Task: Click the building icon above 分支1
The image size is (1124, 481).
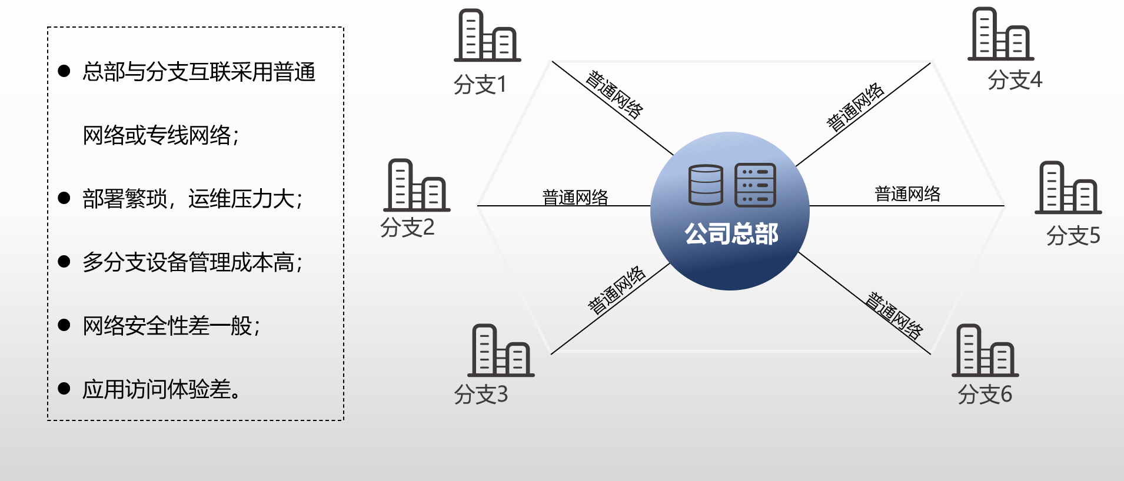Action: tap(487, 36)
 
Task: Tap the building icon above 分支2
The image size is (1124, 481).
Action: tap(417, 185)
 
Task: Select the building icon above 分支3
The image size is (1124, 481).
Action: tap(501, 350)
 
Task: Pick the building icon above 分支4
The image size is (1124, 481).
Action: tap(1000, 34)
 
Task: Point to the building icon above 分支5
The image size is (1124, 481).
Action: tap(1068, 188)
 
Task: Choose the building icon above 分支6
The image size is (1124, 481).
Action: tap(985, 350)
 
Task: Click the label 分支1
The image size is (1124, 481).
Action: tap(480, 85)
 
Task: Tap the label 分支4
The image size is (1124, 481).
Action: tap(1015, 79)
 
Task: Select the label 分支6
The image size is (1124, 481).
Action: tap(985, 394)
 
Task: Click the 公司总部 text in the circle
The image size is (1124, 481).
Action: tap(731, 233)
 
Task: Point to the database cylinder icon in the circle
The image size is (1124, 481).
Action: tap(706, 185)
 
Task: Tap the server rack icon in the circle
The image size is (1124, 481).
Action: tap(755, 185)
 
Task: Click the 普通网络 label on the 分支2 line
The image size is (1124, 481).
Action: tap(575, 197)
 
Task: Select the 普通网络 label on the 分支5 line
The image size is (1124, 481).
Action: tap(907, 193)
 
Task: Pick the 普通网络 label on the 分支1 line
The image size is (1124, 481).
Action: tap(614, 95)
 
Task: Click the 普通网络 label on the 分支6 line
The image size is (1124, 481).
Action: tap(894, 316)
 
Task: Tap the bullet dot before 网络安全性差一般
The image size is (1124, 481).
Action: tap(64, 325)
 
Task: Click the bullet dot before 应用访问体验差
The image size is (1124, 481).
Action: tap(64, 389)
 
